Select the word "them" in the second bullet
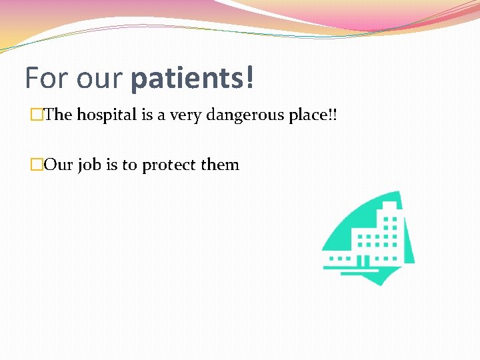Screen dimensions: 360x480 click(221, 165)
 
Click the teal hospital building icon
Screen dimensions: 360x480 click(367, 240)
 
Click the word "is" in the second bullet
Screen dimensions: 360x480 click(111, 165)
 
